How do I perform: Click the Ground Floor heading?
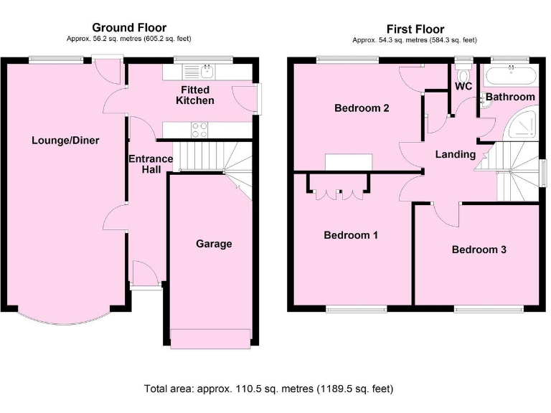[128, 28]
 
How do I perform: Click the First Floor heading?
[414, 29]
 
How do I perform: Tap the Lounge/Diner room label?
[65, 141]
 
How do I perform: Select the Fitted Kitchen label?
[195, 95]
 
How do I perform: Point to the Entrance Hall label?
[150, 163]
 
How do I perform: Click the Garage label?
[214, 244]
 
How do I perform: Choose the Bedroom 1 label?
[351, 235]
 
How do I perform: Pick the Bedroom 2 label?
[362, 109]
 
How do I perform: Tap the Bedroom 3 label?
[479, 250]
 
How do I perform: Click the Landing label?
[456, 154]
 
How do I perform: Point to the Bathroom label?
[510, 97]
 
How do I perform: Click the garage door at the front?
[209, 338]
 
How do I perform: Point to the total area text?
[269, 389]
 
